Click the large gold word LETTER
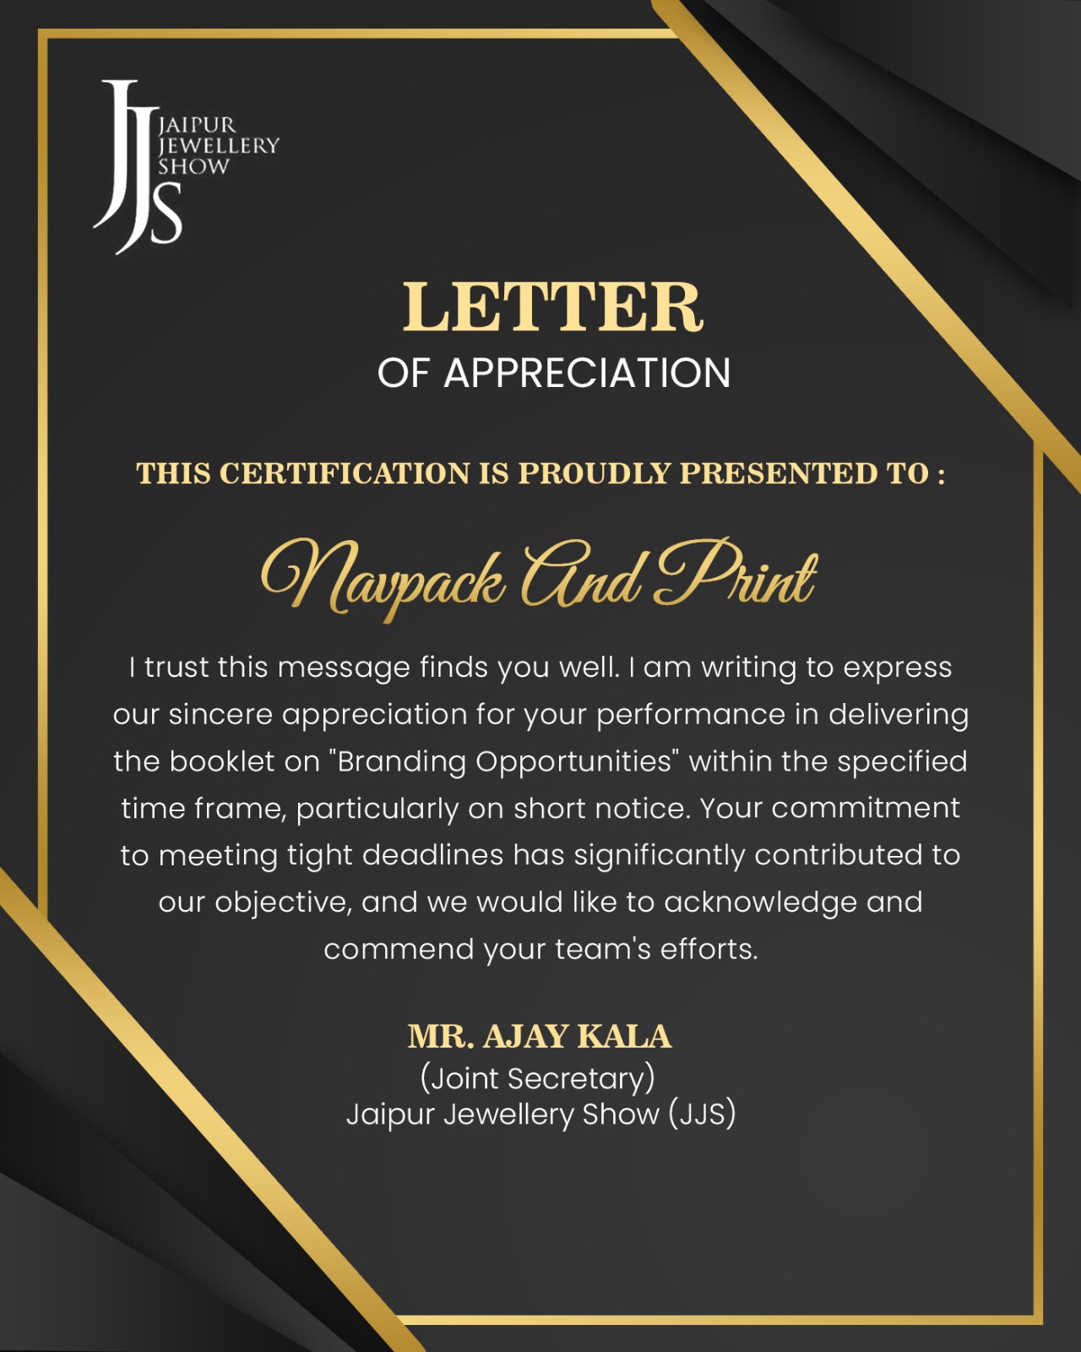coord(552,307)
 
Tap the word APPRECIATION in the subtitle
coord(587,373)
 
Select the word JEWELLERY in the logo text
coord(219,145)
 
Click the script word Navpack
coord(384,579)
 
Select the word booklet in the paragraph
coord(222,761)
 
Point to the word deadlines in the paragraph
coord(433,855)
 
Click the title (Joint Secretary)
coord(538,1078)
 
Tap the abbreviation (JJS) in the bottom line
coord(702,1114)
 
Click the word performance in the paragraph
coord(691,715)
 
